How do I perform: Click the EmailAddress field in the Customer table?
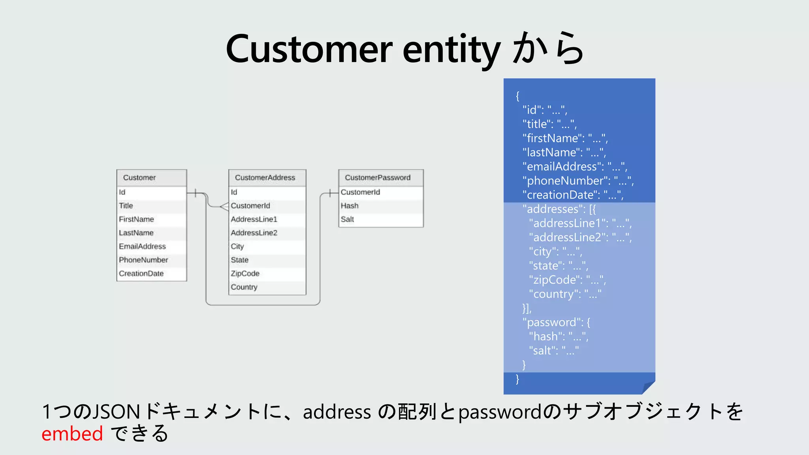tap(142, 246)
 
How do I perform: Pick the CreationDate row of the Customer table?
tap(141, 274)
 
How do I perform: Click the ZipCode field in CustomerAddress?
tap(245, 274)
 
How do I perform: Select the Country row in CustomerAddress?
tap(244, 287)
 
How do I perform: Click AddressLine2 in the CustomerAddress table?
tap(254, 233)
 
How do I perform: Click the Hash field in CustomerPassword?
tap(350, 206)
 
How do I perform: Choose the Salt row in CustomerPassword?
tap(347, 220)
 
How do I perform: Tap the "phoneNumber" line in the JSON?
tap(578, 181)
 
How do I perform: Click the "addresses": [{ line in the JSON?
tap(559, 209)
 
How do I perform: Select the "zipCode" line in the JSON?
tap(567, 280)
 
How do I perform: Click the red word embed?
tap(72, 434)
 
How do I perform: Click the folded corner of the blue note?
tap(649, 387)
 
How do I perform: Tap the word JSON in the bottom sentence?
tap(116, 412)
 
